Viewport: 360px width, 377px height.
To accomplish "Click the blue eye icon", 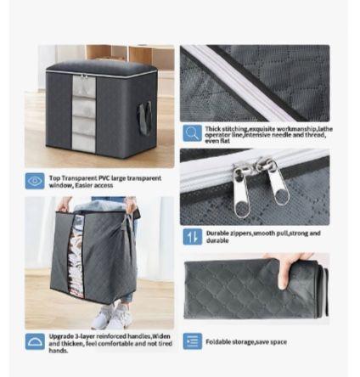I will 35,180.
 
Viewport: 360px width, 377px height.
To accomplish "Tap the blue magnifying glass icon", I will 191,132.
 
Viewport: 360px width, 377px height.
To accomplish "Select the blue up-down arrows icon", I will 191,234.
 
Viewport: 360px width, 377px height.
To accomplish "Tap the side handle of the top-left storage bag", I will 149,115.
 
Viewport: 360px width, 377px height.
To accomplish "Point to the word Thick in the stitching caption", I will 211,127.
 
